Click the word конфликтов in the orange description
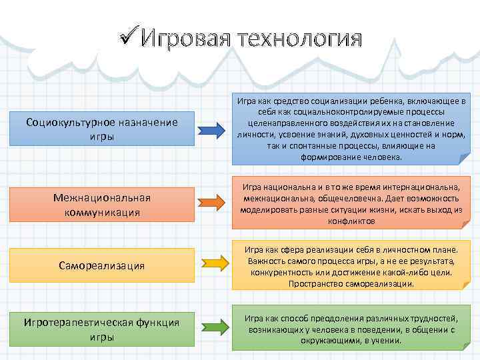click(351, 219)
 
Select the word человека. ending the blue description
click(381, 158)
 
